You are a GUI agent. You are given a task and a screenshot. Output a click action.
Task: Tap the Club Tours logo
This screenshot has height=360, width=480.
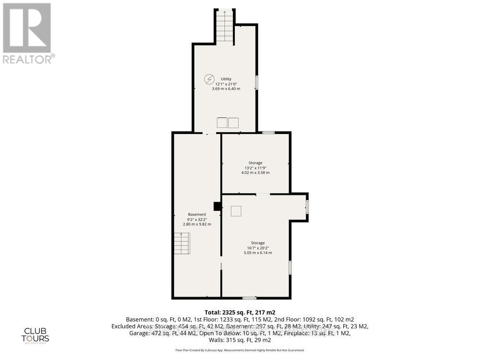[x=37, y=335]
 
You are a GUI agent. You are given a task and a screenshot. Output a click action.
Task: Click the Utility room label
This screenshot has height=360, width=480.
[x=226, y=79]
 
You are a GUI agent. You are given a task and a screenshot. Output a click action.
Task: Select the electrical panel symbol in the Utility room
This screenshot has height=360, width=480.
[x=209, y=79]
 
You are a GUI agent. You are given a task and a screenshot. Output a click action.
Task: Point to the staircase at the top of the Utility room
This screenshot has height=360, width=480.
[x=224, y=27]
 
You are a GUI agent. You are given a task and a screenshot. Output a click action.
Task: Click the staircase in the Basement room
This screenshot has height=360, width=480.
[x=182, y=243]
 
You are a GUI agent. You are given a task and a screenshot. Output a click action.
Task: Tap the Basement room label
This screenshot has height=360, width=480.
[x=197, y=215]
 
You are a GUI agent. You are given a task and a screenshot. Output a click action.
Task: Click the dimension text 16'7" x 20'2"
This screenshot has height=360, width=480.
[x=258, y=248]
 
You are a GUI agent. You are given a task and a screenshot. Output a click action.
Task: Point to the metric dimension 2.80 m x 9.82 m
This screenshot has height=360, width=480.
[x=197, y=224]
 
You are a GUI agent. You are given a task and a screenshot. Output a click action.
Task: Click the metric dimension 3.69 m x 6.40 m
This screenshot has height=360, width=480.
[x=226, y=89]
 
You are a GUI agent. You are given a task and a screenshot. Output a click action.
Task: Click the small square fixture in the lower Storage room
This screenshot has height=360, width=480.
[x=236, y=211]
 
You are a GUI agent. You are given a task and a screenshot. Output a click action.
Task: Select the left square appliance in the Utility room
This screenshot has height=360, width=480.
[x=222, y=122]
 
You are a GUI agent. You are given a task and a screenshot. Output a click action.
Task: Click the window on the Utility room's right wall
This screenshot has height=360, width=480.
[x=256, y=82]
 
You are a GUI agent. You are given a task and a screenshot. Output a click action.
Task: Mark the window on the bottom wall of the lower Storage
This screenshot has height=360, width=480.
[x=249, y=298]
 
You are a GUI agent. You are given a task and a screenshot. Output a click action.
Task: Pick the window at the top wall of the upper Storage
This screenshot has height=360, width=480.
[x=268, y=132]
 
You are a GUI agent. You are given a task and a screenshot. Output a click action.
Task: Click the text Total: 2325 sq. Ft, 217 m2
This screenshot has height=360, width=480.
[x=240, y=312]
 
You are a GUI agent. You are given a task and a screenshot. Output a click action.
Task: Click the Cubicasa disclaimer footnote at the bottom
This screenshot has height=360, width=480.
[x=240, y=351]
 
